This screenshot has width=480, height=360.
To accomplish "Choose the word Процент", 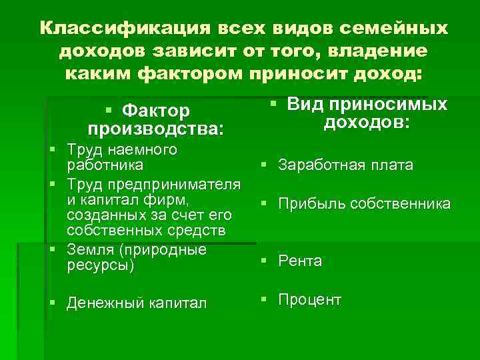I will pyautogui.click(x=310, y=300).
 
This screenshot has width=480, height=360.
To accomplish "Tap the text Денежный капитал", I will pyautogui.click(x=136, y=303).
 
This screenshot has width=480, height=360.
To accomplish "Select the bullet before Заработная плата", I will pyautogui.click(x=265, y=165).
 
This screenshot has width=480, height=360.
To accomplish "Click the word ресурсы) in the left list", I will pyautogui.click(x=101, y=265).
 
